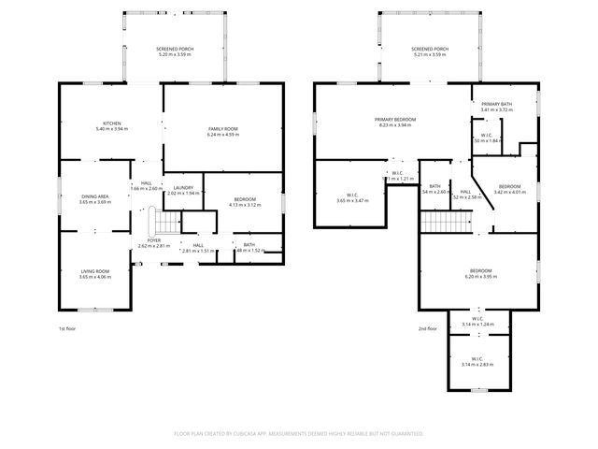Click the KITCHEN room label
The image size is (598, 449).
112,123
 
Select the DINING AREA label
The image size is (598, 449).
94,196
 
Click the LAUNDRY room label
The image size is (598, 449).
183,188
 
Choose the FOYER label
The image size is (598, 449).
154,240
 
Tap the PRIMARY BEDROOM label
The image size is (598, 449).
395,120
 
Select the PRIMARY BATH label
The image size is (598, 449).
497,104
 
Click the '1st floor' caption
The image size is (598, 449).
67,328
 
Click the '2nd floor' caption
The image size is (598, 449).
427,328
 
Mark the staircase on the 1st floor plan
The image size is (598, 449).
165,224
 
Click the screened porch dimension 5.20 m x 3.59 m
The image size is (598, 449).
174,54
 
